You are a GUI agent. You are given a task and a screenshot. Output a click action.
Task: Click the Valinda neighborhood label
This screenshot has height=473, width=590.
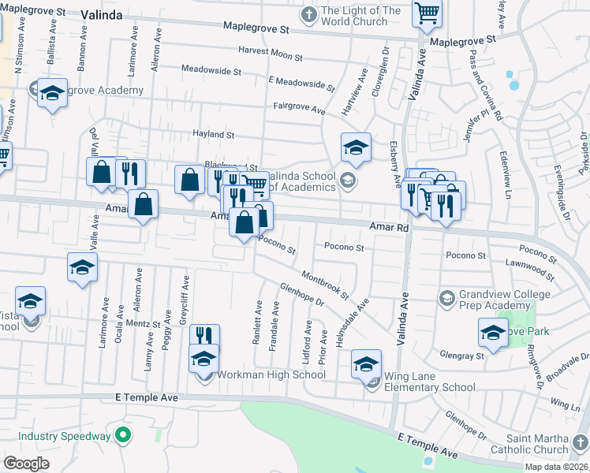[106, 14]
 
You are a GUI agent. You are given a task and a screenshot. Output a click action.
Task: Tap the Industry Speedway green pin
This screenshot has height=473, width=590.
[122, 434]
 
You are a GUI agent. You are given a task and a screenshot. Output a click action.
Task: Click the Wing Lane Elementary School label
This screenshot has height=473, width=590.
[429, 382]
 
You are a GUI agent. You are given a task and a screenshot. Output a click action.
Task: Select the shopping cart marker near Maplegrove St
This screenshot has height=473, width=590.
[427, 12]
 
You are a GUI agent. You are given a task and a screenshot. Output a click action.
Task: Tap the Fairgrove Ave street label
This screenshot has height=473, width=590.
[299, 108]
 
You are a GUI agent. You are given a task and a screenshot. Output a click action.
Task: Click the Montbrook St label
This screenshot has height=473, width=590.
[324, 286]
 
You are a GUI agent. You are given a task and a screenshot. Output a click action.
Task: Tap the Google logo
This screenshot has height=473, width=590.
[26, 463]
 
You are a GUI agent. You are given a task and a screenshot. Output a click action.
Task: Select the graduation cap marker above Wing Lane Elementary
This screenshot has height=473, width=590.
[366, 363]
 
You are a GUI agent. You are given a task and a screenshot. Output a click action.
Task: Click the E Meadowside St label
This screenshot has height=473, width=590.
[301, 81]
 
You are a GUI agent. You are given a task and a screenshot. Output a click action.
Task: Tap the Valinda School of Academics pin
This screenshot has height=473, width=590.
[346, 182]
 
